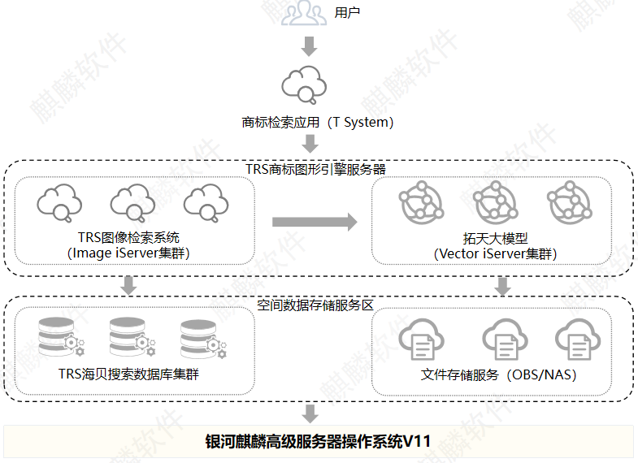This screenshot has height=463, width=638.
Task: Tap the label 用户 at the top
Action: [x=347, y=13]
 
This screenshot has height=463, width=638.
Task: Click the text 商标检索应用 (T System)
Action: [x=318, y=123]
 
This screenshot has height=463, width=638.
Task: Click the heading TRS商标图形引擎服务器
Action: [x=315, y=170]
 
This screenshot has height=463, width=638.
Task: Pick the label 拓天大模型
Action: [x=496, y=238]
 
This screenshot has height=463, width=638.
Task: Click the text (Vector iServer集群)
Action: [x=496, y=253]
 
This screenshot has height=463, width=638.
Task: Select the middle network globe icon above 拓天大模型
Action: [x=493, y=202]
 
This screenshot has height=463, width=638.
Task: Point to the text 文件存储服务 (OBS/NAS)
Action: [x=499, y=375]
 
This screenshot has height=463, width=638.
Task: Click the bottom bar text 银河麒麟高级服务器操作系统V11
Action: [x=318, y=442]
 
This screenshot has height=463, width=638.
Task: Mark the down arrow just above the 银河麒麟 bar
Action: [x=309, y=412]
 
